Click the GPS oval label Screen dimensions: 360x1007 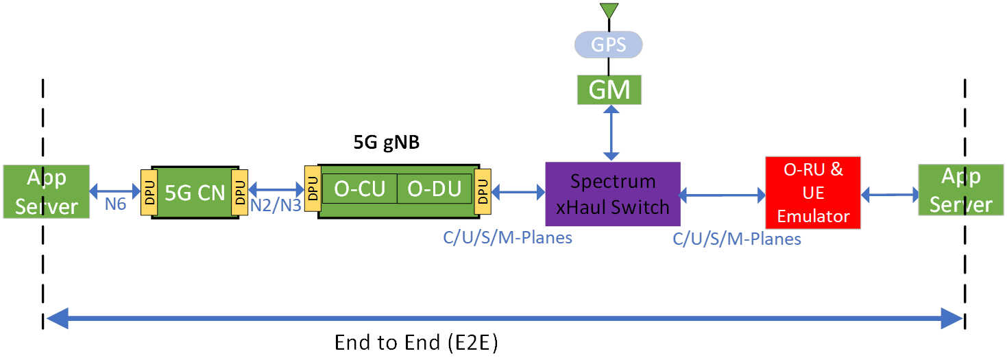point(609,46)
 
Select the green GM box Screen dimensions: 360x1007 point(609,90)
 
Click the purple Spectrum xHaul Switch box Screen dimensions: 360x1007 point(613,194)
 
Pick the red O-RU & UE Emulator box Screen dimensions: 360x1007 point(813,193)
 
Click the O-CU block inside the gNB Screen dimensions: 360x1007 point(359,189)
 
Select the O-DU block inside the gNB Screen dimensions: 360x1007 point(435,189)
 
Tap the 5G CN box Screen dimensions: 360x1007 point(195,193)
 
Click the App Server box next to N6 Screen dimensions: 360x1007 point(47,191)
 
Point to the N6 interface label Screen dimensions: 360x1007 point(115,204)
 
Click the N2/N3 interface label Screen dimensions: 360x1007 point(278,205)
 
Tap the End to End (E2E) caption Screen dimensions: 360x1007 point(416,342)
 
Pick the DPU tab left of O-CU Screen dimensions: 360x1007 point(313,187)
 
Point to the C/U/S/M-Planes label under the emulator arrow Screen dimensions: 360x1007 point(738,239)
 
